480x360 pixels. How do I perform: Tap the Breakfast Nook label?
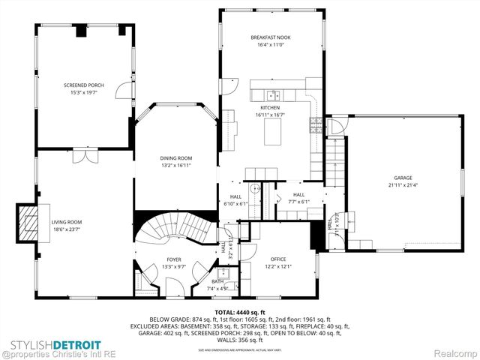pyautogui.click(x=271, y=37)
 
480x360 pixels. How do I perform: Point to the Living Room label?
pyautogui.click(x=66, y=222)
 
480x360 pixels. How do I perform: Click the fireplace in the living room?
pyautogui.click(x=28, y=223)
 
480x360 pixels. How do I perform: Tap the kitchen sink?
pyautogui.click(x=274, y=94)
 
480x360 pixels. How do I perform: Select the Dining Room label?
pyautogui.click(x=176, y=158)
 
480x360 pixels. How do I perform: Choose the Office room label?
pyautogui.click(x=278, y=259)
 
